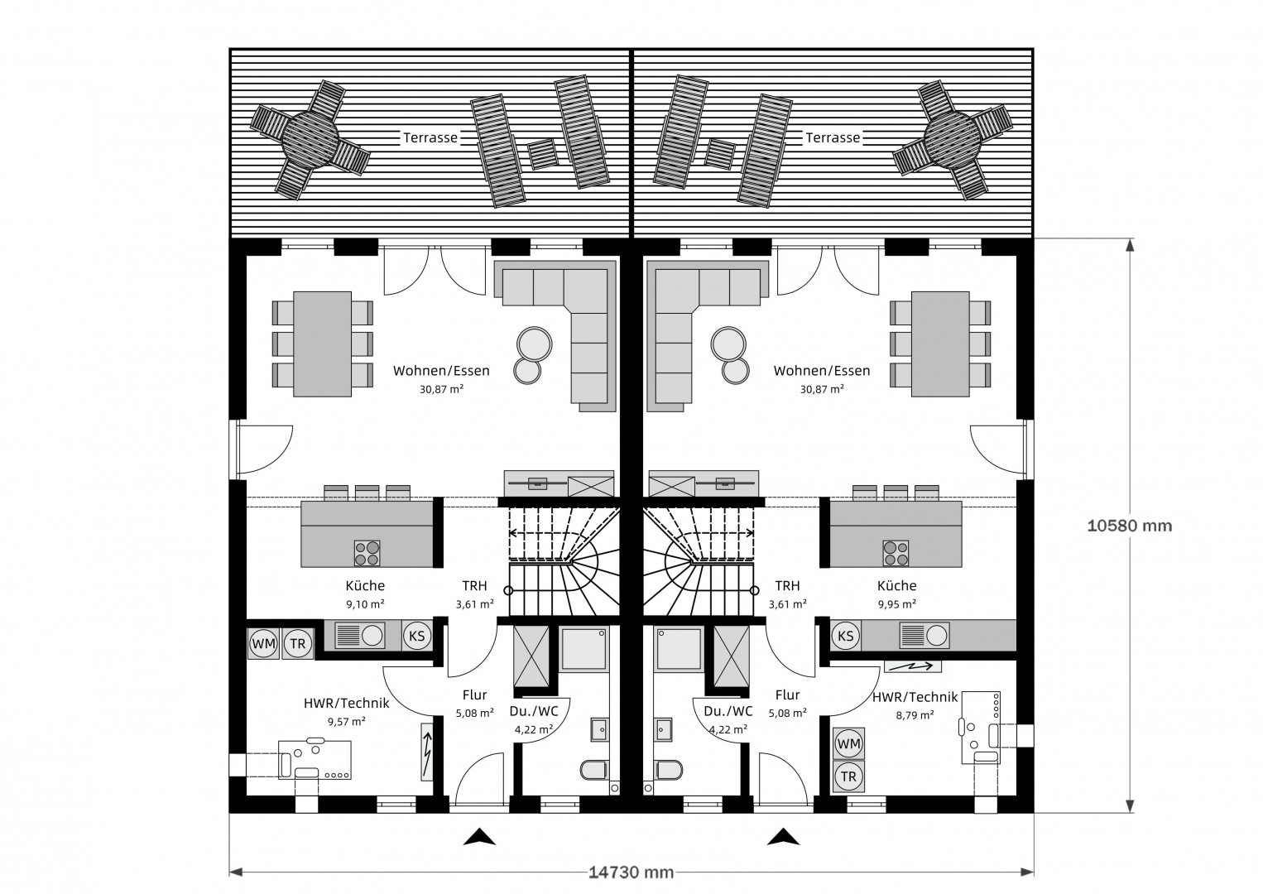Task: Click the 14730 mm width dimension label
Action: click(x=631, y=872)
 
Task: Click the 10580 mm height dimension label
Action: click(x=1130, y=525)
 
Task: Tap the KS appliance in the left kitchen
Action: click(x=417, y=636)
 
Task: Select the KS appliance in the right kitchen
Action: click(x=845, y=636)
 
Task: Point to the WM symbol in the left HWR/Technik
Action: click(x=263, y=643)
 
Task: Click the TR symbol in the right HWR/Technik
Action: click(x=848, y=776)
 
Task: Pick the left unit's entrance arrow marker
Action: click(x=479, y=837)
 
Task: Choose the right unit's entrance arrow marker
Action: click(x=783, y=837)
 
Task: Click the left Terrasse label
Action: click(x=430, y=138)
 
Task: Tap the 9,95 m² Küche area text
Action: click(x=896, y=604)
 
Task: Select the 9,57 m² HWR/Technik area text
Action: click(x=346, y=721)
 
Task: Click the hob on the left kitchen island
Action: click(x=367, y=552)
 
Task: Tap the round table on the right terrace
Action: click(x=952, y=138)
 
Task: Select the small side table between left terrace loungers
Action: click(x=542, y=154)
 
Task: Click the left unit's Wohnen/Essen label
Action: click(x=441, y=371)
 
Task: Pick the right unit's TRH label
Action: click(x=787, y=585)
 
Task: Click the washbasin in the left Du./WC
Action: click(x=598, y=729)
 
